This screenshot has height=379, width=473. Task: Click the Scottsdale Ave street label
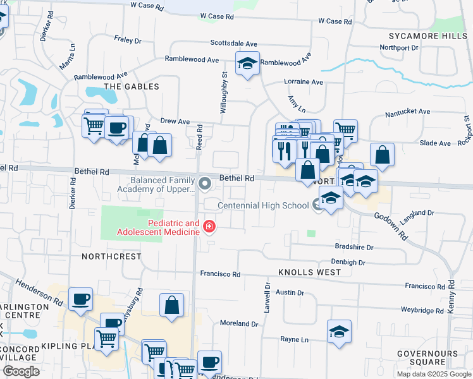[x=234, y=44]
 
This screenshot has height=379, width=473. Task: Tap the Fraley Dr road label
[x=128, y=40]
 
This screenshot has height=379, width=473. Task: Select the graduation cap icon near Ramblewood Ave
[x=247, y=63]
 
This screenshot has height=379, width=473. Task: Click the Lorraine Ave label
[x=304, y=81]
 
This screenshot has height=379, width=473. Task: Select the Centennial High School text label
[x=264, y=205]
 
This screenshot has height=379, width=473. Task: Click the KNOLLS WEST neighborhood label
[x=309, y=272]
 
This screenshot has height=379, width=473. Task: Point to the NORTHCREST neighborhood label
[x=111, y=256]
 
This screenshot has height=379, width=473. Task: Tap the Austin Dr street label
[x=290, y=292]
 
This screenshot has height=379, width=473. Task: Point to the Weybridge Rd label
[x=422, y=310]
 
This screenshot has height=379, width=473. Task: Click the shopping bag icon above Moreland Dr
[x=171, y=306]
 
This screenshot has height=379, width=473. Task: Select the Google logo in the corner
[x=21, y=371]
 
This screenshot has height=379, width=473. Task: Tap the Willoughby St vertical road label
[x=224, y=92]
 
